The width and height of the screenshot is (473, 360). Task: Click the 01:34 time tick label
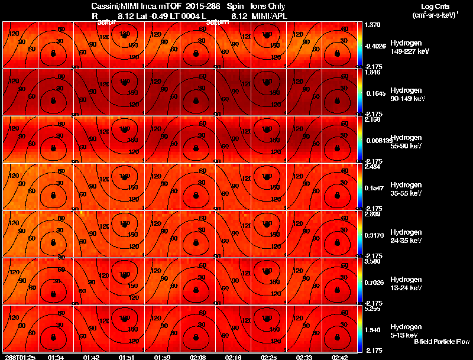[56, 357]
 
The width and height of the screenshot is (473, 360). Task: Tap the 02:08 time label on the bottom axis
[197, 357]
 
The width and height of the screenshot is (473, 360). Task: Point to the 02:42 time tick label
[339, 357]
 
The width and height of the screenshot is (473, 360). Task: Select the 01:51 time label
[127, 357]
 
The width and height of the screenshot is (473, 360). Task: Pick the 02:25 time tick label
[268, 357]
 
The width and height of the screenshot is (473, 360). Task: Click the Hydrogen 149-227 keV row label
[410, 47]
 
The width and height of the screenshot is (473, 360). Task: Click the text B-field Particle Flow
[441, 342]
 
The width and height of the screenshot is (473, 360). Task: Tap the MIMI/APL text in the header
[269, 16]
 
